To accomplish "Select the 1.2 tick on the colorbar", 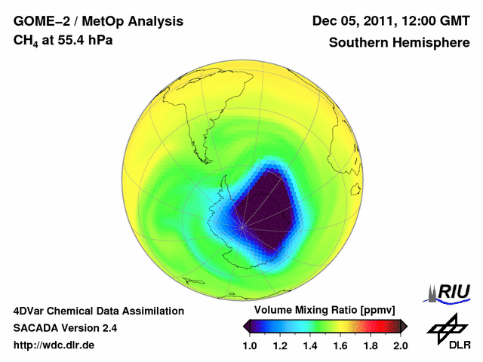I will (281, 345).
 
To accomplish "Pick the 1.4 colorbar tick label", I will (310, 345).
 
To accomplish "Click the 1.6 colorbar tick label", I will (340, 345).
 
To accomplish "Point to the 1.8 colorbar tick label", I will (370, 345).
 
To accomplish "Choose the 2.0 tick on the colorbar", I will (400, 345).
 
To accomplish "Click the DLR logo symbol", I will (445, 327).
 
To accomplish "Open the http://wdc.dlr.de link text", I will (54, 345).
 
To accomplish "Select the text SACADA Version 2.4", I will (65, 328).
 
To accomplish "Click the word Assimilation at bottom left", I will (150, 311).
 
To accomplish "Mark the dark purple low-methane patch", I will (264, 207).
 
